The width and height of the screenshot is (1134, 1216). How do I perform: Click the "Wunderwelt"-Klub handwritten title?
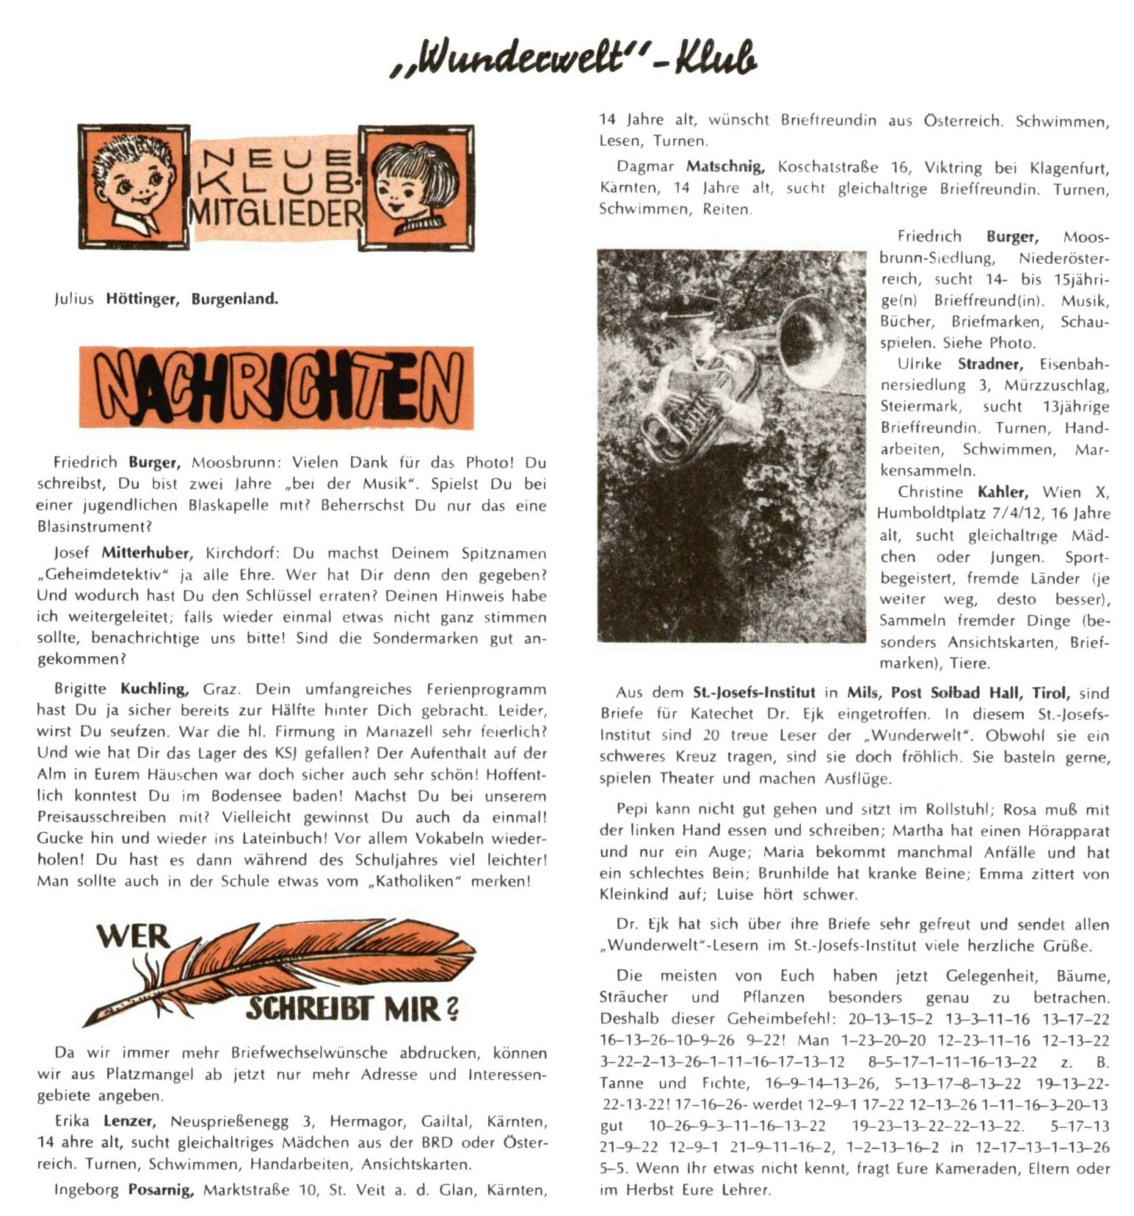coord(574,59)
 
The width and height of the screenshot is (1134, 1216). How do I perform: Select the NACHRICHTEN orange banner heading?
coord(277,388)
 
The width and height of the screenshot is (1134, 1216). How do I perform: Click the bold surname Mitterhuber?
coord(147,553)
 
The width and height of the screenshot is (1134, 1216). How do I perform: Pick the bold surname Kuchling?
coord(154,689)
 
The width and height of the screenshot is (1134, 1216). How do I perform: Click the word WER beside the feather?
coord(133,937)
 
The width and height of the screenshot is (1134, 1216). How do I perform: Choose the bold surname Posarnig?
coord(161,1190)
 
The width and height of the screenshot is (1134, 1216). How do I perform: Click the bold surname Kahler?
coord(1003,492)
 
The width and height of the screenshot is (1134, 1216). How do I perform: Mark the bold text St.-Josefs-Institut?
coord(754,692)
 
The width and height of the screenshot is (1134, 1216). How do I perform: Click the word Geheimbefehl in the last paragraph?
coord(781,1019)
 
